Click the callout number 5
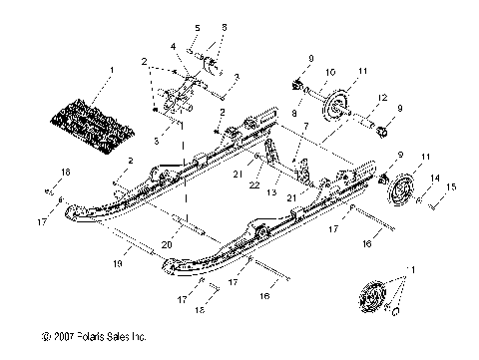197,27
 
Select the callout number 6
223,27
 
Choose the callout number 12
382,96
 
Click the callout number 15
452,186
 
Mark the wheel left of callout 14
402,191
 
